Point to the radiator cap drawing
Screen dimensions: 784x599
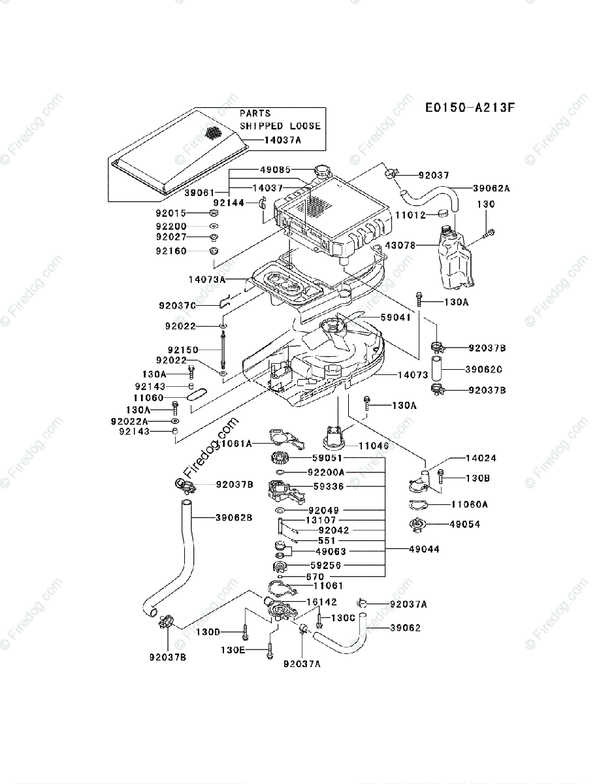point(323,172)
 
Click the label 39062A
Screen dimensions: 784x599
point(492,188)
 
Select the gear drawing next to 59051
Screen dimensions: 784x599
point(279,459)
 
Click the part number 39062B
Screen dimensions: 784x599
point(234,518)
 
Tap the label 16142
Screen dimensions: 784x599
point(321,602)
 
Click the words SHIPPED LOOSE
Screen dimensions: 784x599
point(280,126)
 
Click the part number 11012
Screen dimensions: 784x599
point(412,214)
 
